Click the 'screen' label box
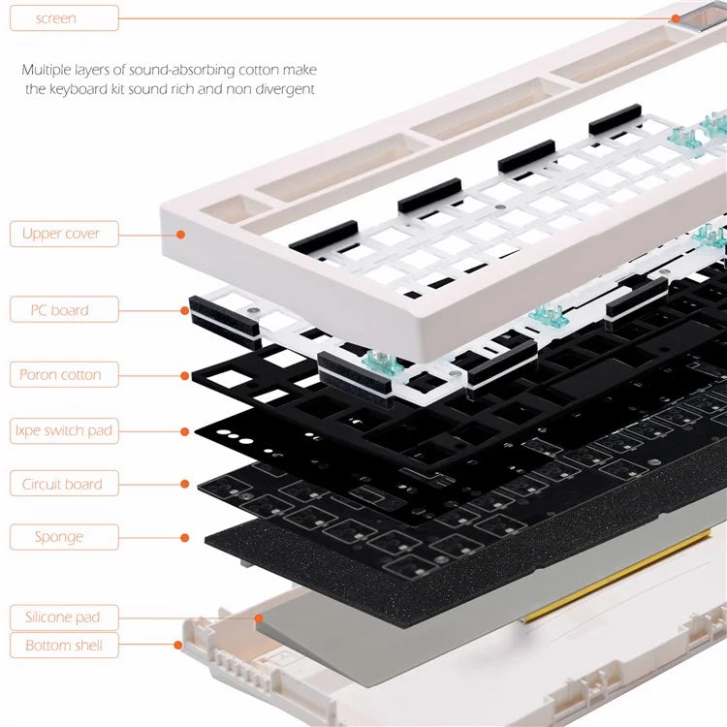(x=63, y=17)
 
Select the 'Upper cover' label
(x=63, y=234)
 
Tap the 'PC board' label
(x=63, y=310)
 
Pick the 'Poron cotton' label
(x=63, y=374)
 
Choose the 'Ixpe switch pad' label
(x=63, y=429)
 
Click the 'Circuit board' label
(x=63, y=484)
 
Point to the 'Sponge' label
(x=63, y=536)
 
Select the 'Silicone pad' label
(x=63, y=616)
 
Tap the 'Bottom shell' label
(x=63, y=645)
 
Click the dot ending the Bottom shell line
(x=178, y=645)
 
